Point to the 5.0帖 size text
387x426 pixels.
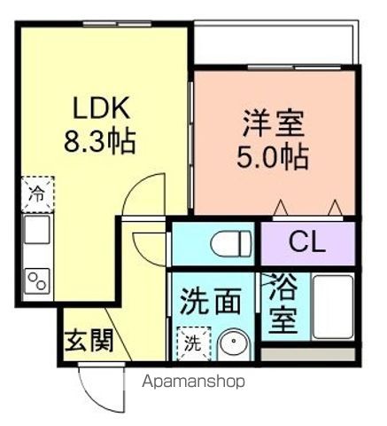click(273, 157)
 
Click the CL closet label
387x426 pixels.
click(307, 241)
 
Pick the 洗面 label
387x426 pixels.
click(210, 302)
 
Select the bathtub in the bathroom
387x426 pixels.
click(334, 306)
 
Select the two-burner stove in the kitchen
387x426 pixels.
click(38, 281)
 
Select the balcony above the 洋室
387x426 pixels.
click(275, 46)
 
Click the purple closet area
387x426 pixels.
click(307, 241)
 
